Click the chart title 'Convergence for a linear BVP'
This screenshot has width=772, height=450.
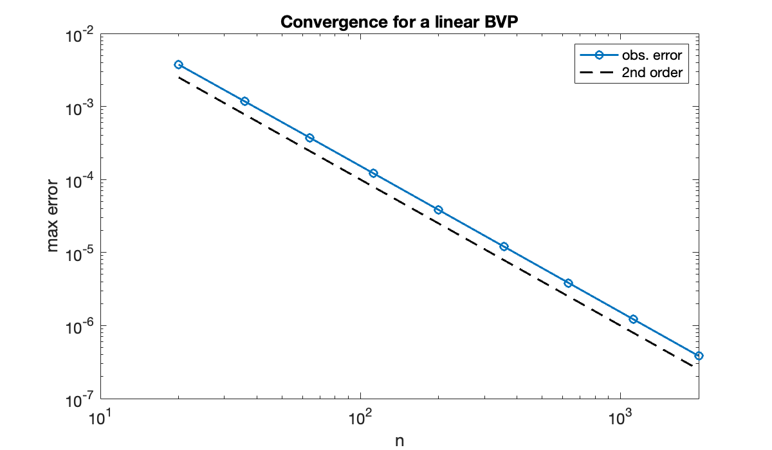(398, 22)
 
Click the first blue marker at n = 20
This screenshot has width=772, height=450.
(179, 64)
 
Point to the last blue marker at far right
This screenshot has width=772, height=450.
(699, 355)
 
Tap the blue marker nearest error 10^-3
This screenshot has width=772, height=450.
(244, 101)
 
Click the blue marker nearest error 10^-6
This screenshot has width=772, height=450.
(633, 319)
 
